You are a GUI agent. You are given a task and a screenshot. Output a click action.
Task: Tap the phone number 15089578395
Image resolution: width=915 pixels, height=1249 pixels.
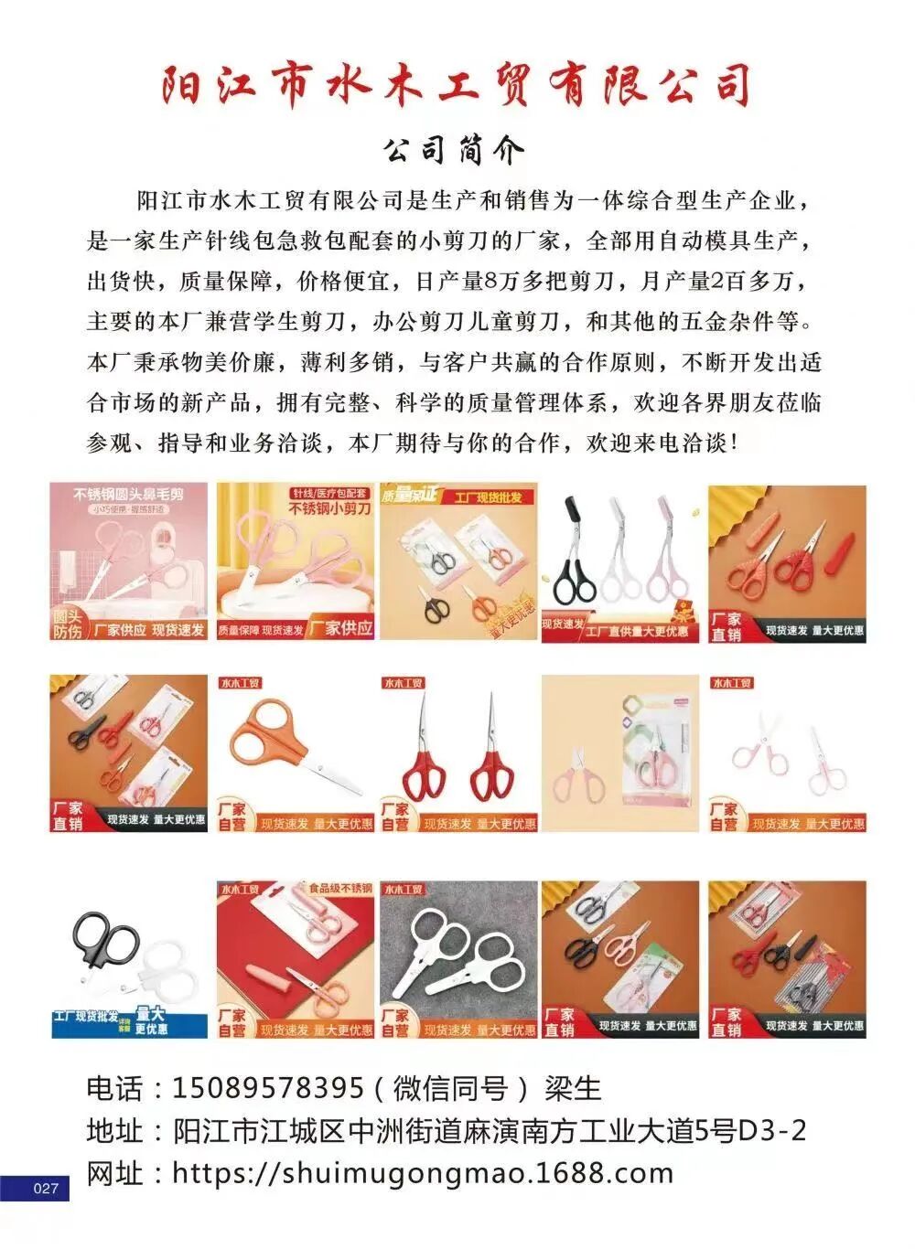267,1088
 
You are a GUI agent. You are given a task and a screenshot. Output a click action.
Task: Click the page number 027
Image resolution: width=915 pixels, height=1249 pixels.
45,1188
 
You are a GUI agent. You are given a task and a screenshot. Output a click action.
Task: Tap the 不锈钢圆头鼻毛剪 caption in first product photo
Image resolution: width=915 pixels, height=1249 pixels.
128,494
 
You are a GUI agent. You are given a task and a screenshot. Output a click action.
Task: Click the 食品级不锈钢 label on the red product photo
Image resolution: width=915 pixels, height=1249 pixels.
339,888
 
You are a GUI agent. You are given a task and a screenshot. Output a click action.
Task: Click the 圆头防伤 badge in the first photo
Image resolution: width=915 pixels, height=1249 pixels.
67,624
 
